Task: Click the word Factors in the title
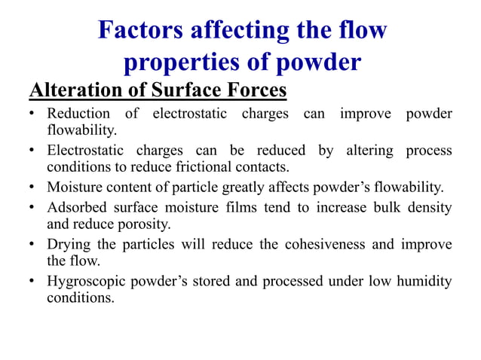pos(142,31)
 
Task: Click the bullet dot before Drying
pos(32,245)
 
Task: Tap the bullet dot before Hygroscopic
pos(32,282)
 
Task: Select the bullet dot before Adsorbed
pos(32,207)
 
